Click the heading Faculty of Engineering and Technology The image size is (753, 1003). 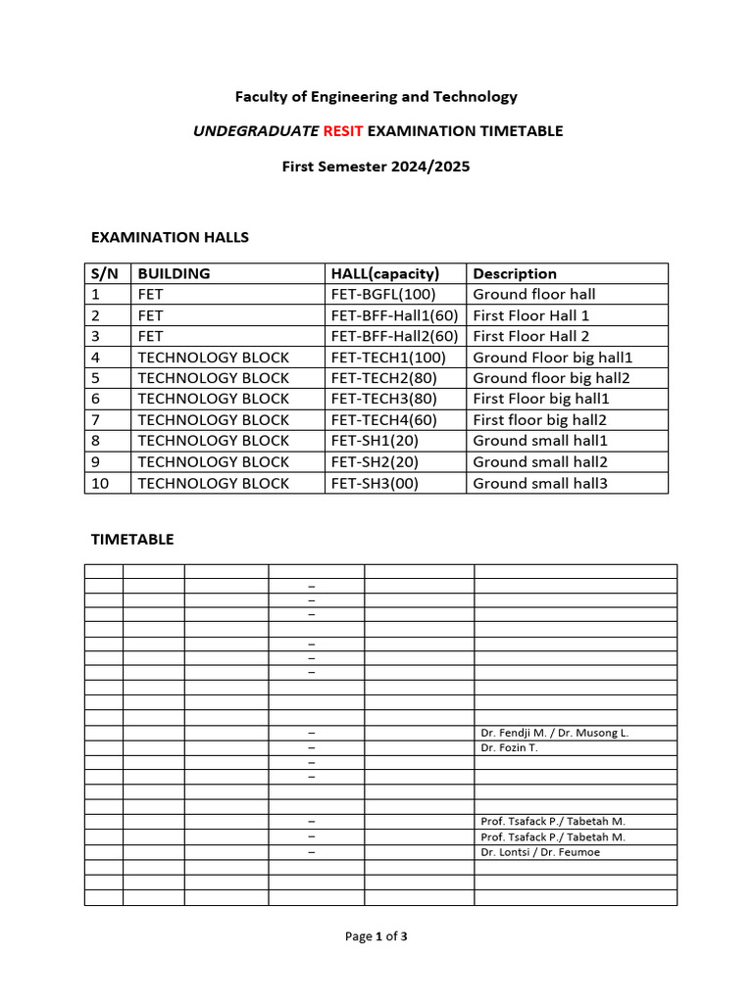click(376, 96)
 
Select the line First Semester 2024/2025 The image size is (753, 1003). click(376, 167)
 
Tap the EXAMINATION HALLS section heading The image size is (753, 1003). click(170, 237)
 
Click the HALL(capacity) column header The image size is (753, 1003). click(385, 273)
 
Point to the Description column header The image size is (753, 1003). click(515, 273)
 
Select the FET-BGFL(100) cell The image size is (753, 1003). click(383, 294)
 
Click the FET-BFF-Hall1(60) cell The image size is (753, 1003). click(394, 315)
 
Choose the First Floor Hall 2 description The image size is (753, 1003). click(530, 336)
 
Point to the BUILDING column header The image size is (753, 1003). click(174, 273)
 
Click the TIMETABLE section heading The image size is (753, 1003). click(132, 539)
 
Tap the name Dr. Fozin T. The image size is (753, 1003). click(509, 747)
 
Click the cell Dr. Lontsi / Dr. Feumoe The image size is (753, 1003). click(540, 852)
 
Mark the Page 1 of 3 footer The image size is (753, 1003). click(376, 936)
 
